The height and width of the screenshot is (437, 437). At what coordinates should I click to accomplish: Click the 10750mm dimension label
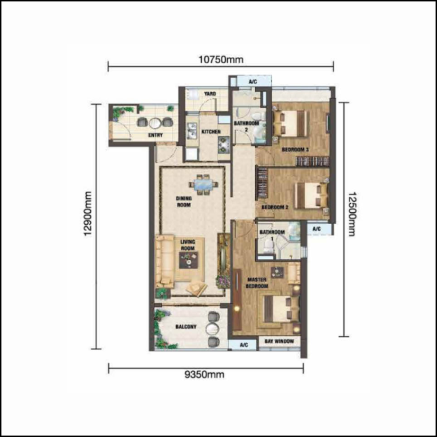(x=221, y=60)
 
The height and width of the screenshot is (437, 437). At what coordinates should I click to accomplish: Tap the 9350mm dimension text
(x=204, y=374)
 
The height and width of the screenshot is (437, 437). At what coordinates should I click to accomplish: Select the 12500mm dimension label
(x=352, y=214)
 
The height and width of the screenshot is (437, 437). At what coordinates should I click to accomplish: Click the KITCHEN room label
(x=211, y=131)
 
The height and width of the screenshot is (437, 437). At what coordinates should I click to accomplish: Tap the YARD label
(x=210, y=94)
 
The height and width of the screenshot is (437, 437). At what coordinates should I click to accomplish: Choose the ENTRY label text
(x=155, y=135)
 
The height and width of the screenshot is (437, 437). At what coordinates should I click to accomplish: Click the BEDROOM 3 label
(x=295, y=150)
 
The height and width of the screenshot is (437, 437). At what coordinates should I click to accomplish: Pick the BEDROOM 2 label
(x=275, y=207)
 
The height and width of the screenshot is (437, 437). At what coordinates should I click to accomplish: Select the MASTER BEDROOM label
(x=257, y=283)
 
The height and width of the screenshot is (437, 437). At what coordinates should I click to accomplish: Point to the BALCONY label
(x=186, y=327)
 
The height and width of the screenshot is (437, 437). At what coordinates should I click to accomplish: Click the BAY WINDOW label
(x=279, y=341)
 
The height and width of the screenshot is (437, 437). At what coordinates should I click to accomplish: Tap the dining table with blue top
(x=204, y=185)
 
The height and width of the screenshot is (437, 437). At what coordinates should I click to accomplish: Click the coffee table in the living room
(x=188, y=260)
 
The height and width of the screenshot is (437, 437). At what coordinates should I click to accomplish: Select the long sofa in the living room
(x=165, y=262)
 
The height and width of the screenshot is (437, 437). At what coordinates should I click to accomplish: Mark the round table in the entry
(x=155, y=123)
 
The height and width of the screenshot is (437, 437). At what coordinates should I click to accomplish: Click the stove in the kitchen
(x=224, y=145)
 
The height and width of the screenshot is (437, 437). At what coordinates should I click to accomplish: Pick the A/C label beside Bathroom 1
(x=316, y=229)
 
